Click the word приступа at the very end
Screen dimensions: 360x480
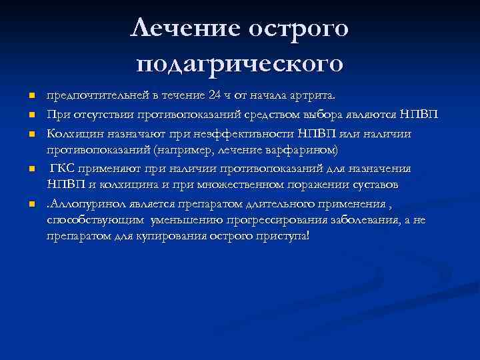tap(285, 237)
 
